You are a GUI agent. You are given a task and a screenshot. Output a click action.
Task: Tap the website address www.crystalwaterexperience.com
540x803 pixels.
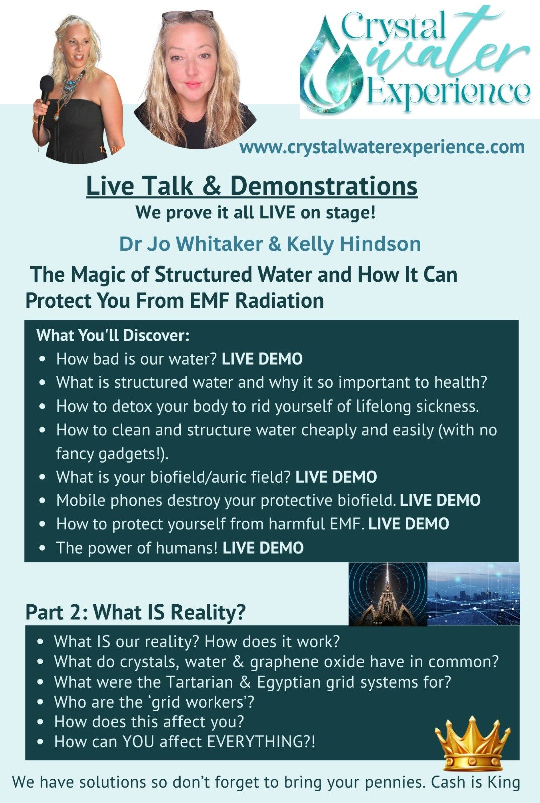pos(382,148)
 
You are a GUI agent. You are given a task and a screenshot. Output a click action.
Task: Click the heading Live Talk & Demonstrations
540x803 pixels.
pos(252,186)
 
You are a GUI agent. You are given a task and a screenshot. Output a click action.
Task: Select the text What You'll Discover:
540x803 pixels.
pos(112,336)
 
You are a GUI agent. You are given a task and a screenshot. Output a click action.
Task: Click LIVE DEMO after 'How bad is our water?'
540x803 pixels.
pos(262,359)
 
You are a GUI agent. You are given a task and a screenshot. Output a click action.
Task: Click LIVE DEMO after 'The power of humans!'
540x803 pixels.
pos(263,548)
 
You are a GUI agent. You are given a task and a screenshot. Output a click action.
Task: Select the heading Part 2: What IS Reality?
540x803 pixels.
pos(135,612)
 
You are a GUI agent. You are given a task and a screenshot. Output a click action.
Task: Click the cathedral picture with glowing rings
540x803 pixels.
pos(388,594)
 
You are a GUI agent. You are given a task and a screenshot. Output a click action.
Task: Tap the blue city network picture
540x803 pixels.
pos(473,594)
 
